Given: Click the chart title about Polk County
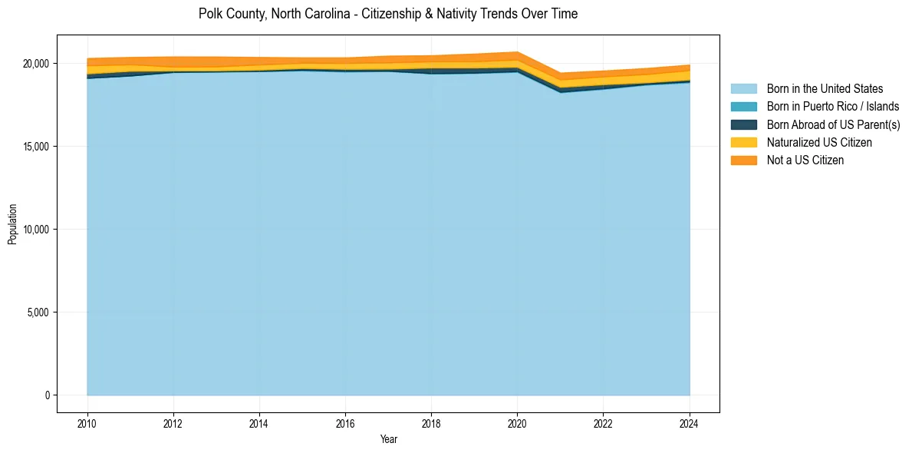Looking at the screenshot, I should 387,14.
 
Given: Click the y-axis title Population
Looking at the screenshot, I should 12,223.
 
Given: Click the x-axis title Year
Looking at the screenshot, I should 388,439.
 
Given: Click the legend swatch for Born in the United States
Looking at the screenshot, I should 743,89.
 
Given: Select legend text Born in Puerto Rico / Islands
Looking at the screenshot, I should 833,107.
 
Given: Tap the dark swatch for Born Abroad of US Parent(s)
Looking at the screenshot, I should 743,124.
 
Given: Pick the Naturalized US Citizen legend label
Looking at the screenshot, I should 819,142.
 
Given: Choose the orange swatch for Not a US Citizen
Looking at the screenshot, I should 743,160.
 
